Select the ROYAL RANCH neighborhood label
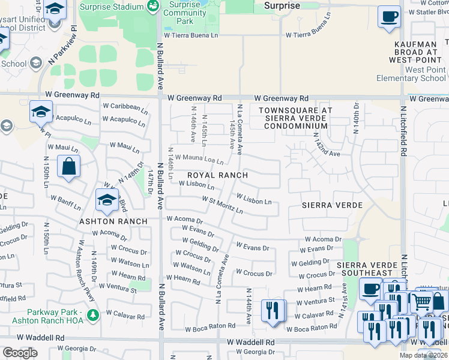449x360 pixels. click(217, 175)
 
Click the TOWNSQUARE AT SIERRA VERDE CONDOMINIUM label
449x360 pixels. click(294, 118)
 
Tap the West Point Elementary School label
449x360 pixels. click(411, 74)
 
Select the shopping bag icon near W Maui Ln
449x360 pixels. click(69, 166)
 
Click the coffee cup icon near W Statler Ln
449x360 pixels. click(389, 16)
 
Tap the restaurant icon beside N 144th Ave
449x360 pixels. click(273, 311)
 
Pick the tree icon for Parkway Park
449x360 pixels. click(92, 314)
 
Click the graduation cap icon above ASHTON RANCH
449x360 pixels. click(107, 200)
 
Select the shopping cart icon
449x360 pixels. click(422, 302)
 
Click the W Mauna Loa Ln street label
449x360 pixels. click(199, 160)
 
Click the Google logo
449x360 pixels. click(20, 353)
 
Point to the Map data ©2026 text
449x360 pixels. click(425, 355)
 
